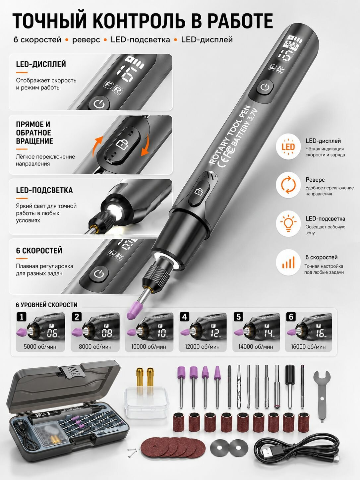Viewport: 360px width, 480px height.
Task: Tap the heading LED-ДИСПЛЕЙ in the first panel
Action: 41,64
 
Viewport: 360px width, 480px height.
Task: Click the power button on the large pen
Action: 265,88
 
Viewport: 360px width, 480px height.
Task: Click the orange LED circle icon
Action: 288,147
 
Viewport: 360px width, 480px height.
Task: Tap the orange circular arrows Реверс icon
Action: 288,185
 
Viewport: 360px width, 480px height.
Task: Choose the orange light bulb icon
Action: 288,223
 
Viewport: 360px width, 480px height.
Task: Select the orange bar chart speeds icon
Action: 288,262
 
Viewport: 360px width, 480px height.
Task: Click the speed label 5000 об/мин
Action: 40,347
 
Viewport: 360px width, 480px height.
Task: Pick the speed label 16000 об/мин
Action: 308,347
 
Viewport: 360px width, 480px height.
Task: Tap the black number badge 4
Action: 185,317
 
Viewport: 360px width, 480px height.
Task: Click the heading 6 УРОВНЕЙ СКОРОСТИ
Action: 46,305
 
